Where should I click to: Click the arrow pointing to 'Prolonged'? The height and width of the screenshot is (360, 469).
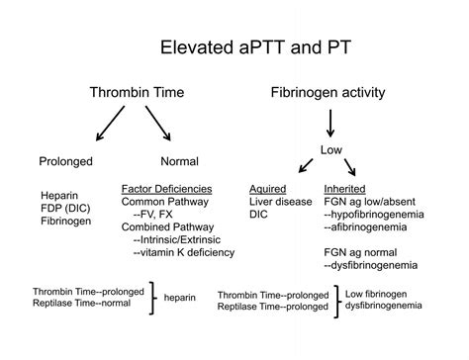pos(103,125)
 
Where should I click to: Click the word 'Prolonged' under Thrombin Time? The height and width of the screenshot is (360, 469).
pos(66,161)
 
